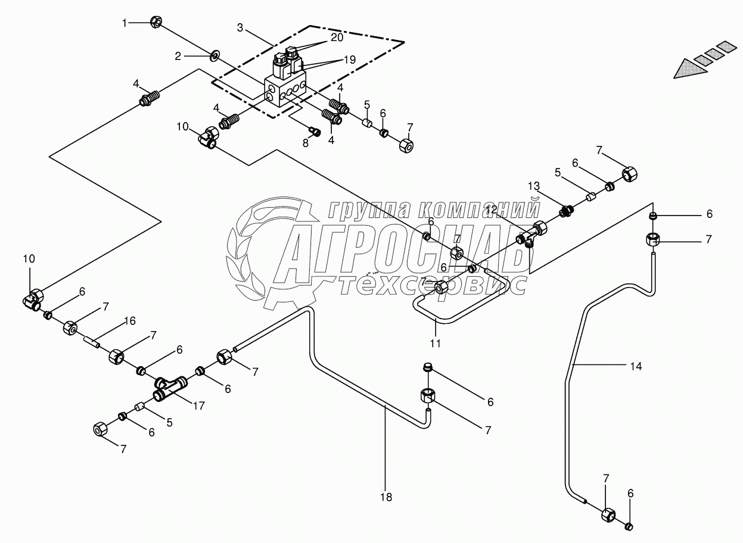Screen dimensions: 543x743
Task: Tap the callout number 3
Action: click(240, 27)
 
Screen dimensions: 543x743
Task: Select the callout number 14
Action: click(636, 366)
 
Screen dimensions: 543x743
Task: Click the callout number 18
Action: click(387, 497)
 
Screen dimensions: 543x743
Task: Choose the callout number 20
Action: click(337, 36)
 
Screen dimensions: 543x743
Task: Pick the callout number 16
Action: click(129, 322)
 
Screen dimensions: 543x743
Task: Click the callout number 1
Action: click(125, 23)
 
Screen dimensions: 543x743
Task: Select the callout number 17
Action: click(198, 407)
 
